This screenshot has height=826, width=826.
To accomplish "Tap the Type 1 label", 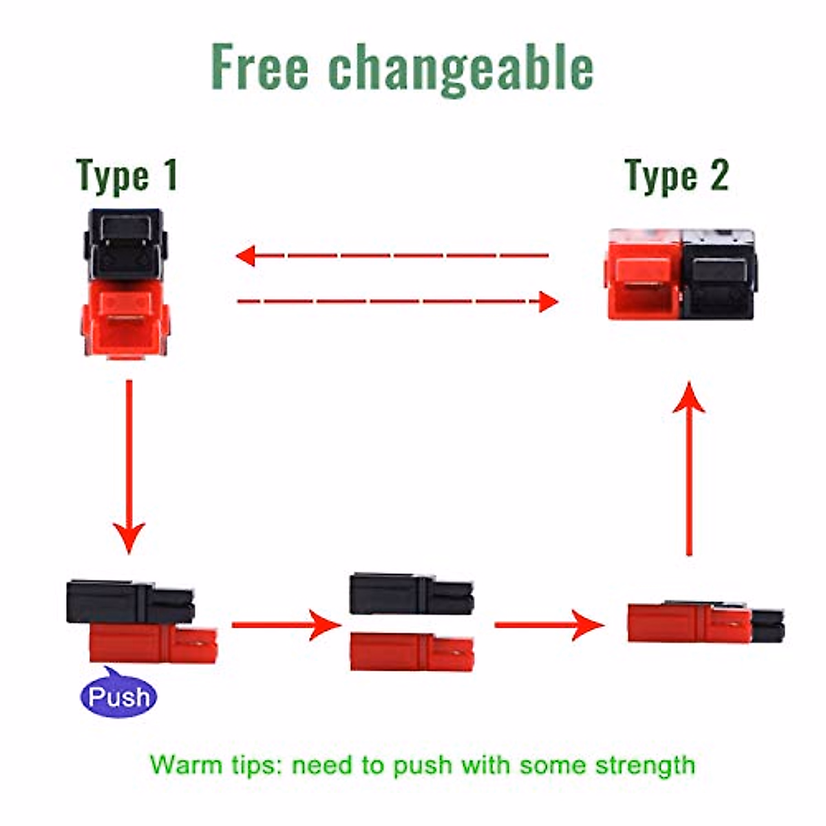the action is pyautogui.click(x=127, y=176).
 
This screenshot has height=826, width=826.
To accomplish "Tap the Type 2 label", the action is pyautogui.click(x=677, y=176).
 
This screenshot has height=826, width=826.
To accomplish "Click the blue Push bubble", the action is pyautogui.click(x=118, y=697).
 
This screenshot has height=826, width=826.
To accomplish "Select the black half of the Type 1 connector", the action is pyautogui.click(x=125, y=244).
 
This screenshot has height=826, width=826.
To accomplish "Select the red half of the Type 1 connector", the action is pyautogui.click(x=125, y=320).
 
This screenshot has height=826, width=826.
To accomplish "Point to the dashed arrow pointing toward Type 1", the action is pyautogui.click(x=392, y=256).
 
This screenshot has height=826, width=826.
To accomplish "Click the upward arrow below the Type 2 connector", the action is pyautogui.click(x=688, y=468).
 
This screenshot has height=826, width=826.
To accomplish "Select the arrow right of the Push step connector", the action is pyautogui.click(x=286, y=625).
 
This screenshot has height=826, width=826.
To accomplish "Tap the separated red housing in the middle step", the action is pyautogui.click(x=411, y=651).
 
